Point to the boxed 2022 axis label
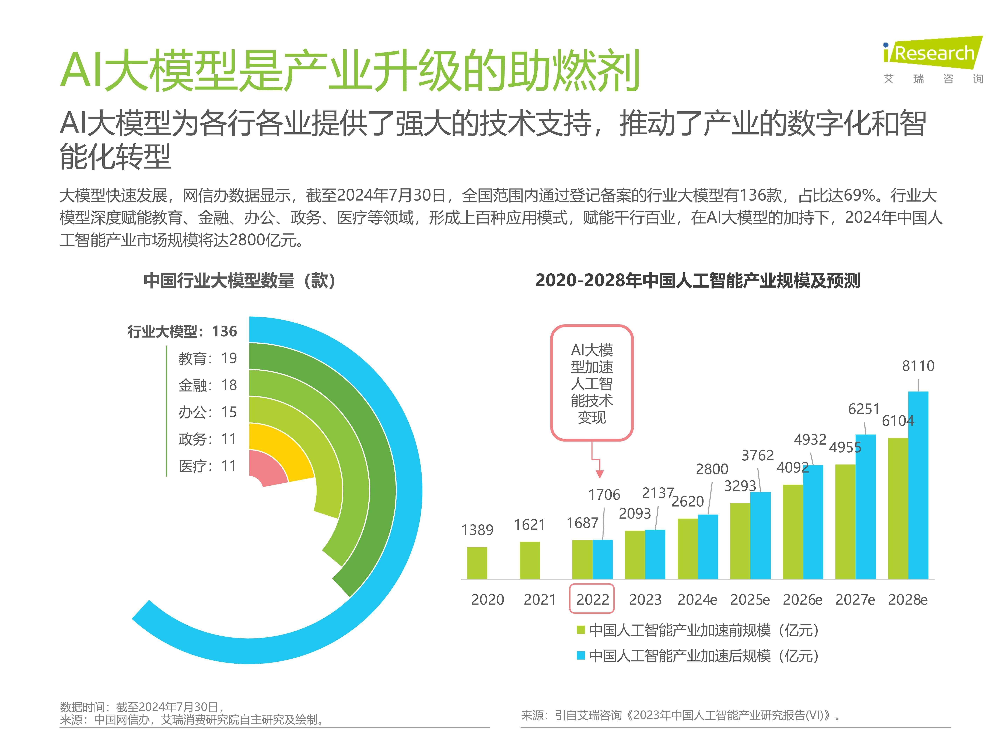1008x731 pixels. [x=592, y=599]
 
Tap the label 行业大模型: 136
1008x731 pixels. [x=182, y=331]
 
